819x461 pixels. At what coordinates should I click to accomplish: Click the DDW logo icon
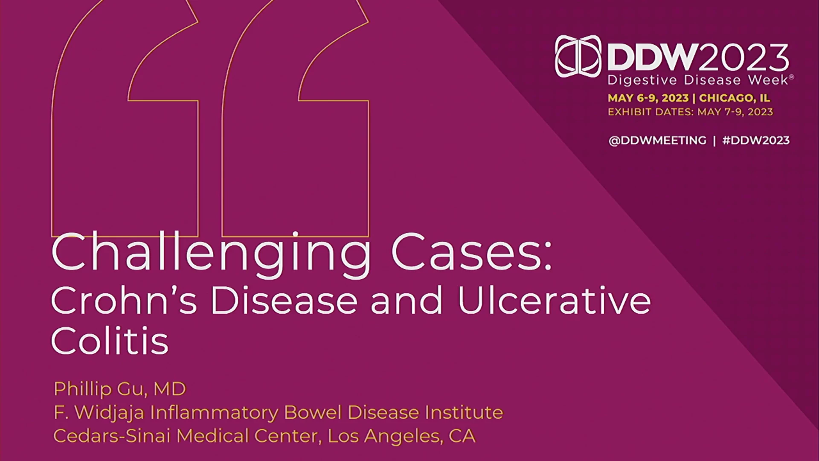pos(578,56)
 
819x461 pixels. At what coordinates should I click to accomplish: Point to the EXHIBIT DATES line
pos(691,112)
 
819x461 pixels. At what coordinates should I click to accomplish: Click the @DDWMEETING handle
pos(657,140)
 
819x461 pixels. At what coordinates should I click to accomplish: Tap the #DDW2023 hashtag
pos(756,140)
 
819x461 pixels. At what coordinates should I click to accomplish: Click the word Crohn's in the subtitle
pos(124,301)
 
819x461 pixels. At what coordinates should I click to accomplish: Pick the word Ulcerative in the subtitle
pos(555,301)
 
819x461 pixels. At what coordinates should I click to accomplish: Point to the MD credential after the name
pos(170,389)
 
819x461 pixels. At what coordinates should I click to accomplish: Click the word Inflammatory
pos(215,413)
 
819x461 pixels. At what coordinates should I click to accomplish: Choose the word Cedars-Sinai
pos(112,436)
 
